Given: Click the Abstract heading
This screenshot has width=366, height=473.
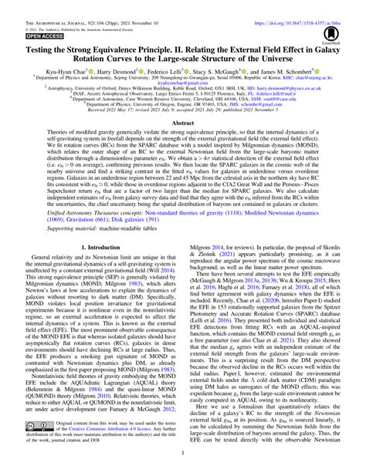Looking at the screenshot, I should tap(182, 123).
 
